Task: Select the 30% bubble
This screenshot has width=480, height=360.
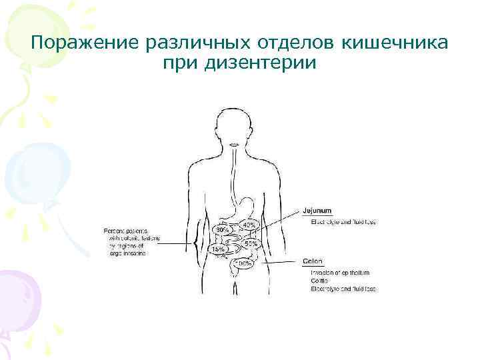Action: click(x=222, y=229)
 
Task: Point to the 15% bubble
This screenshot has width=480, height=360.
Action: click(x=218, y=249)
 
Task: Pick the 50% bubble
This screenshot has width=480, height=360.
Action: click(x=251, y=244)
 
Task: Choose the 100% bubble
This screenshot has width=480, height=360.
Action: click(x=242, y=264)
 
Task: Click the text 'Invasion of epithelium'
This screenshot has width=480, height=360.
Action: click(x=340, y=273)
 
